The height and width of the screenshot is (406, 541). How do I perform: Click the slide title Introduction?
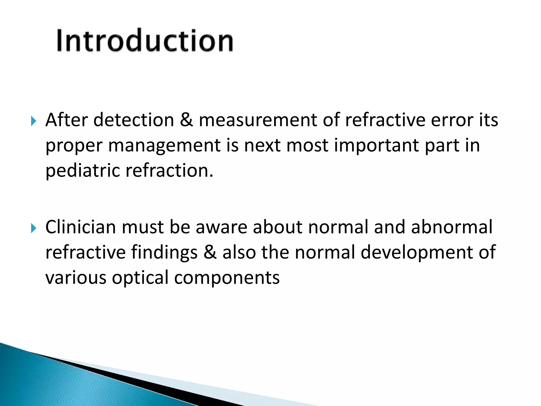pos(145,40)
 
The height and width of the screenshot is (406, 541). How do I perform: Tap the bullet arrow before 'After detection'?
pos(33,121)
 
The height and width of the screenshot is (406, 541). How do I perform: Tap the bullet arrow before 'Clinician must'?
pos(33,228)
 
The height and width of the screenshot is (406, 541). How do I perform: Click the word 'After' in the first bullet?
pos(66,120)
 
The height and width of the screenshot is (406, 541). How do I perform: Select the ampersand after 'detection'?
pos(186,120)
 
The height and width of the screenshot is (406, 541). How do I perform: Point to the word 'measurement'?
pos(258,120)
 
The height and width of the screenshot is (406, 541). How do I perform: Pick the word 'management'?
pos(164,146)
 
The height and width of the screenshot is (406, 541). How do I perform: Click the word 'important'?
pos(376,145)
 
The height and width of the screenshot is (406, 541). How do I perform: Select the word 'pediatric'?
pos(83,171)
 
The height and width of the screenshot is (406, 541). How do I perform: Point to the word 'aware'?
pos(221,227)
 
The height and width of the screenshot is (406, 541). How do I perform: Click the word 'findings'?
pos(164,253)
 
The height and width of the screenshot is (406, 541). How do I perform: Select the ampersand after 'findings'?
pos(210,252)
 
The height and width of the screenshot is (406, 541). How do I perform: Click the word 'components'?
pos(227,278)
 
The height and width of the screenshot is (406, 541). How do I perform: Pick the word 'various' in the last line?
pos(76,278)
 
